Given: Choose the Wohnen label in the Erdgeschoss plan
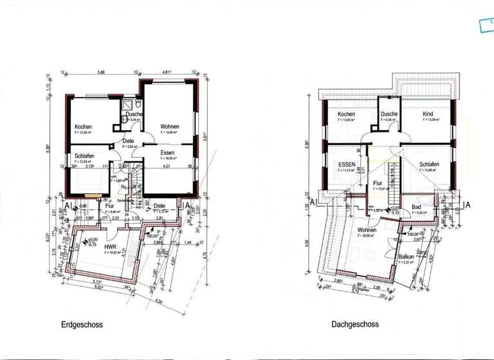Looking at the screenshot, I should click(169, 126).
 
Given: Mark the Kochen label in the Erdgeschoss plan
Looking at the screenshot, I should click(84, 127).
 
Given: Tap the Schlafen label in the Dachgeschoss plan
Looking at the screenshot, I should click(429, 165).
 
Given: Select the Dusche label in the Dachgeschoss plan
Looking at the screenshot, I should click(389, 114).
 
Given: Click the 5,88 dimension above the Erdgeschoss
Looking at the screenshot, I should click(102, 73).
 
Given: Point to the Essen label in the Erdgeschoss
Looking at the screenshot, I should click(168, 153).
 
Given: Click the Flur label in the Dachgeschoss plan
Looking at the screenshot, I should click(378, 183).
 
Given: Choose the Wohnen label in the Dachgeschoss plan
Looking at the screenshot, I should click(367, 230).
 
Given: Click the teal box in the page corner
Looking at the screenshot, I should click(487, 25).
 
